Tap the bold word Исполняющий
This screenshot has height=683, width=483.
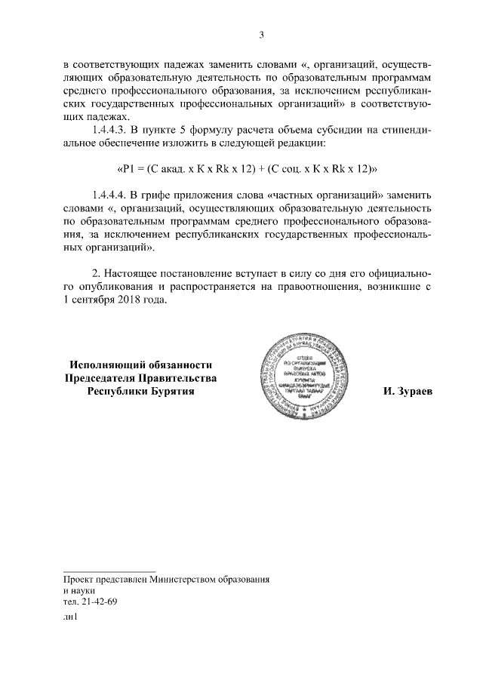(x=103, y=365)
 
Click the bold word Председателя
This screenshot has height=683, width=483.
(x=100, y=378)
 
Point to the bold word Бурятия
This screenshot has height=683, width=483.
(x=174, y=392)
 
